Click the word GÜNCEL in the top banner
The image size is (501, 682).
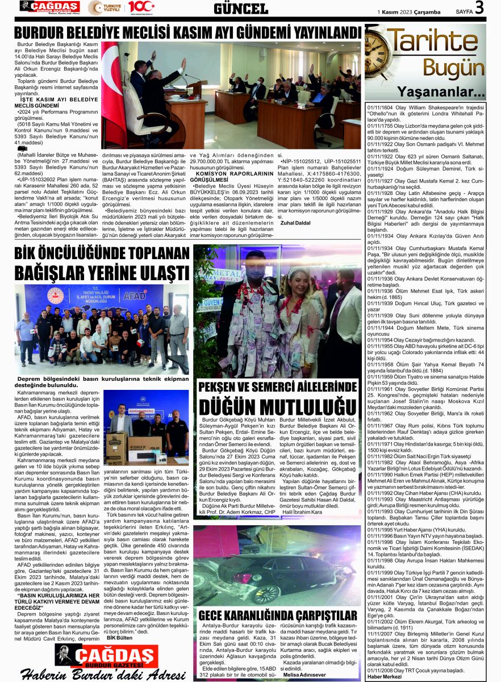pos(241,9)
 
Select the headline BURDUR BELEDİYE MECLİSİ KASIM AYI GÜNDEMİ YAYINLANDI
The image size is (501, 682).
pos(187,32)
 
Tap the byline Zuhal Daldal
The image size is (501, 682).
pos(295,223)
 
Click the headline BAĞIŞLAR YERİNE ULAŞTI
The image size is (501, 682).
pos(102,267)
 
